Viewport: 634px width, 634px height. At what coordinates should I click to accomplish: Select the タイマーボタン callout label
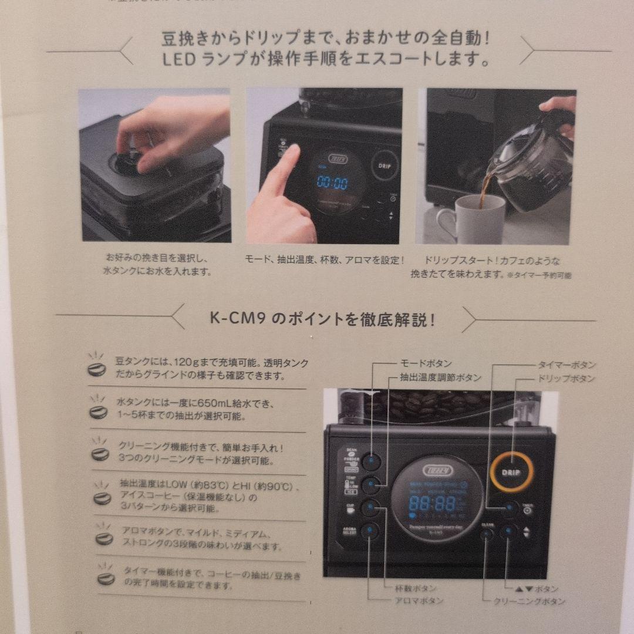point(566,365)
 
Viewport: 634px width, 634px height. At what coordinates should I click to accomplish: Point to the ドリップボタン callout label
point(566,379)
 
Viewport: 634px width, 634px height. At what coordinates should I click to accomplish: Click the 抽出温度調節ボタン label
point(440,378)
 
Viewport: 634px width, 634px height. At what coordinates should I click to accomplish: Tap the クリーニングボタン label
point(529,601)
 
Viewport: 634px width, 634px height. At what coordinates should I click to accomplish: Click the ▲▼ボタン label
point(531,588)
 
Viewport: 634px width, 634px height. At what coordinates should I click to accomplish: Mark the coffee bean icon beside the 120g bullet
point(96,369)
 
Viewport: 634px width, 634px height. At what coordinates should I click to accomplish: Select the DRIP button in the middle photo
point(385,166)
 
